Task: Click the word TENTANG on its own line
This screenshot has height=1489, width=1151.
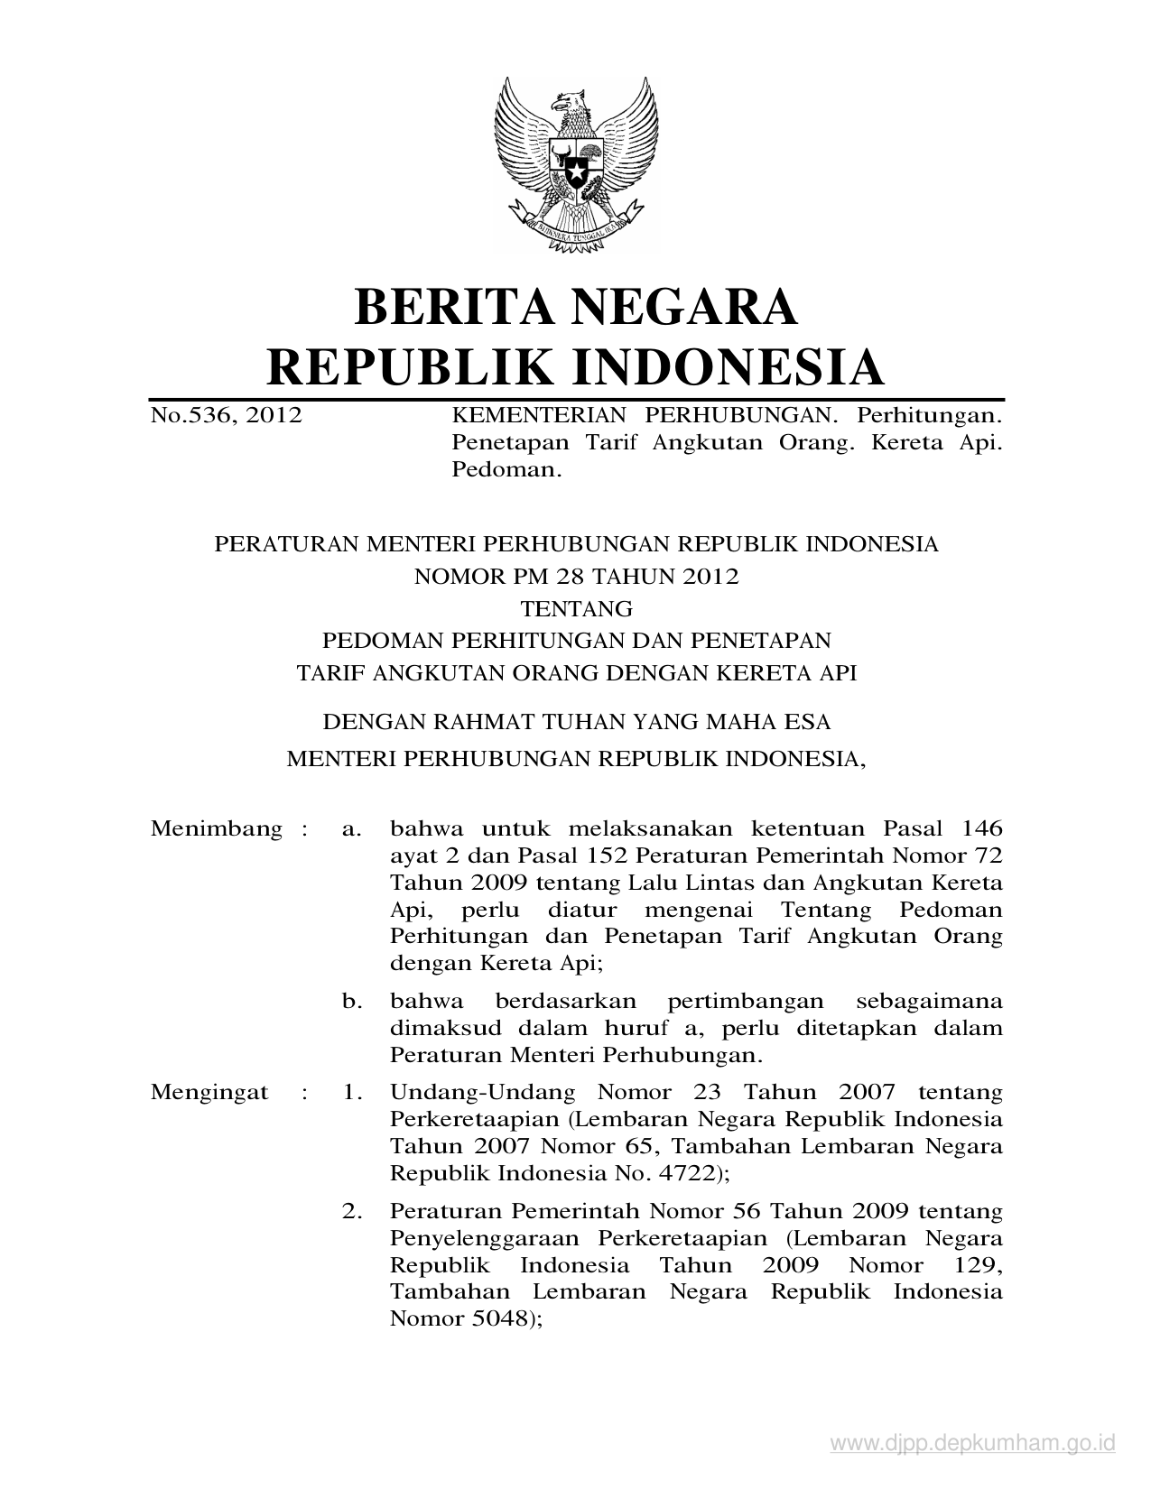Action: (577, 608)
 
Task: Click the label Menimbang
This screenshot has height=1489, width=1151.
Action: (217, 828)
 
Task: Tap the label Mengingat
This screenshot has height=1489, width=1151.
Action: (209, 1093)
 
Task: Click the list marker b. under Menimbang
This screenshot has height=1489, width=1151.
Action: (352, 1001)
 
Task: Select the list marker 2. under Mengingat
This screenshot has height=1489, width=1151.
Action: (352, 1211)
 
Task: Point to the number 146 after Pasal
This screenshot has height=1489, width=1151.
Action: (982, 828)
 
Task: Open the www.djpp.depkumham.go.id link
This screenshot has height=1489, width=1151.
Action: (973, 1445)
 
